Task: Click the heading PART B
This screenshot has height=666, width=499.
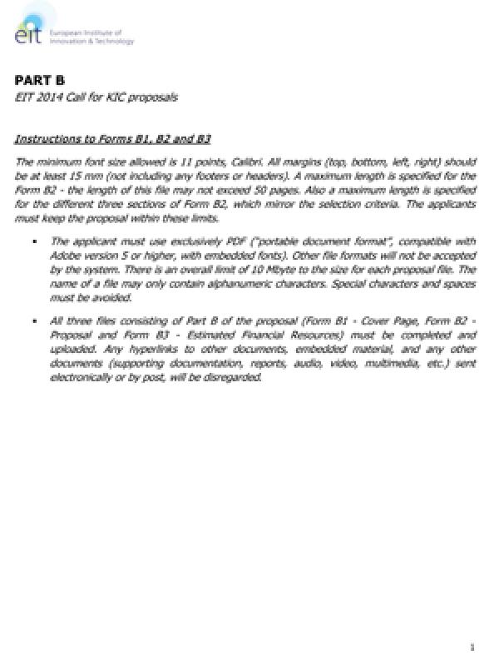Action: coord(39,81)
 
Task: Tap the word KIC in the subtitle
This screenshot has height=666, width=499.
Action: coord(114,97)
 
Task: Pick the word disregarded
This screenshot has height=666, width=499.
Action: coord(234,376)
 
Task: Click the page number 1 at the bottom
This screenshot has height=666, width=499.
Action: coord(472,646)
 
